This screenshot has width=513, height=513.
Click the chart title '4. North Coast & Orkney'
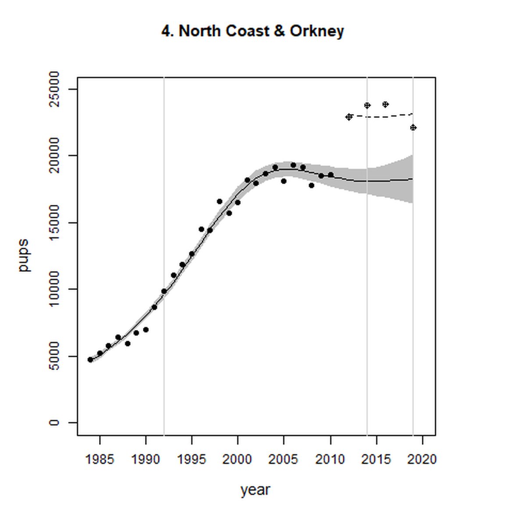[253, 32]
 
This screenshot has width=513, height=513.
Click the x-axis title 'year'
[255, 490]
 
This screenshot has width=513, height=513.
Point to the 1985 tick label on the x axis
[100, 460]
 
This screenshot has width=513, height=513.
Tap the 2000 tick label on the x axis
[237, 460]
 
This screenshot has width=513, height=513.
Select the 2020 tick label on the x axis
[422, 460]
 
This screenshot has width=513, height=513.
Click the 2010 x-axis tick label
[330, 460]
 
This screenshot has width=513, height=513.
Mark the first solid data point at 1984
[90, 360]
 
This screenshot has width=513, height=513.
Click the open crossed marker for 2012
[349, 117]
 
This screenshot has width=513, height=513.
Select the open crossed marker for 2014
[367, 106]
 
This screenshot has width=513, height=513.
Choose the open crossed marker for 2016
[385, 104]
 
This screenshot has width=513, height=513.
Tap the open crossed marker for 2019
[413, 128]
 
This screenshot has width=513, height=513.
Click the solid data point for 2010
[331, 175]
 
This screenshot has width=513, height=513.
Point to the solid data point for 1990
[146, 330]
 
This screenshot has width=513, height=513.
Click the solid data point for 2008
[311, 185]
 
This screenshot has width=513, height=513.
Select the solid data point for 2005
[284, 181]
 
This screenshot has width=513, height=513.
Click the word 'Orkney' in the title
[317, 32]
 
